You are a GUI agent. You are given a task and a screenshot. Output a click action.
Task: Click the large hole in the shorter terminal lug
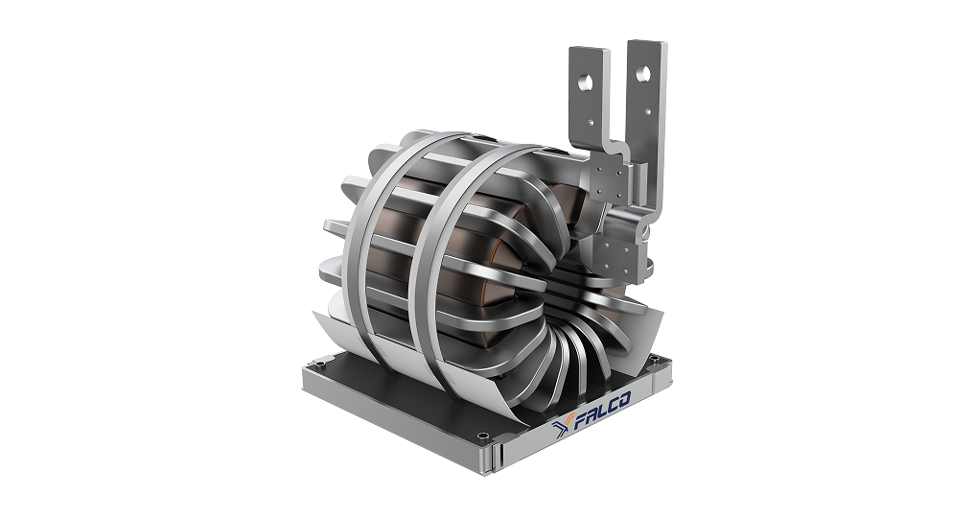(585, 82)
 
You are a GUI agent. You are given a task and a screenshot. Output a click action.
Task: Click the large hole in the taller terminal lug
(643, 75)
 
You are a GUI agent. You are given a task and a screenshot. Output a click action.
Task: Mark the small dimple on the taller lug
(648, 112)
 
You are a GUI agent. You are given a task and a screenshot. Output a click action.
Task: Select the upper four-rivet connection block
(606, 180)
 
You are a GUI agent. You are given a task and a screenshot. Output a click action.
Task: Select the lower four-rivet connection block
(618, 253)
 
